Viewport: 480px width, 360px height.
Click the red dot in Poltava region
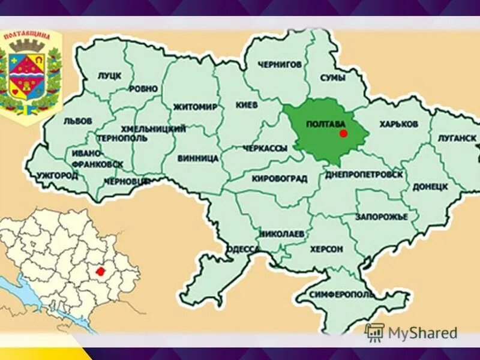343,133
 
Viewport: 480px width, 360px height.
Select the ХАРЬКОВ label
398,124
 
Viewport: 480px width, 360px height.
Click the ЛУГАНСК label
457,138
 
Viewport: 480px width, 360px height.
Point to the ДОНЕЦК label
430,187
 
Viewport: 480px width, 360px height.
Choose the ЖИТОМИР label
195,107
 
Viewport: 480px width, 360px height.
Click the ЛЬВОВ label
78,121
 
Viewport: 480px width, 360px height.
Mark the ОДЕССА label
243,249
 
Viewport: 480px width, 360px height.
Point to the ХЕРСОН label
327,248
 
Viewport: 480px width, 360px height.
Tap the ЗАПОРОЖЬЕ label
381,216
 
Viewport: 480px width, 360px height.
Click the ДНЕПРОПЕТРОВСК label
364,174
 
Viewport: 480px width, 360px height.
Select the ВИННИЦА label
198,159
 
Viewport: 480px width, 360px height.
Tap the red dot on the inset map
100,271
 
